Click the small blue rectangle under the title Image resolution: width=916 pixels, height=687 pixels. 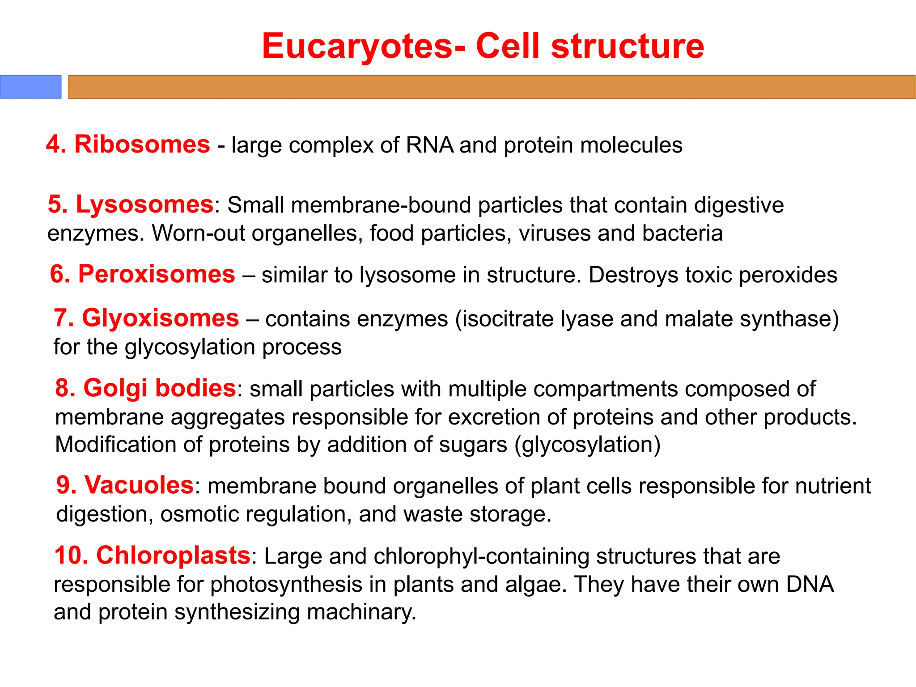point(30,87)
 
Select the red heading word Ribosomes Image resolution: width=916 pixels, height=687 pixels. point(142,144)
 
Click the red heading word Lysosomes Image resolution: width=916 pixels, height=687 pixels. point(144,204)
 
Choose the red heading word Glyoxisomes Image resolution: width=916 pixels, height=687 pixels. point(160,318)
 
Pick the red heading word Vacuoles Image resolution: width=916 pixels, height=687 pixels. point(139,485)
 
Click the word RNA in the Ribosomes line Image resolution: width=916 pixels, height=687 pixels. point(429,145)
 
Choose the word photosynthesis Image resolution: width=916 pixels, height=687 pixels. point(286,584)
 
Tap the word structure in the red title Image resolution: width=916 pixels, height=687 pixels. point(627,46)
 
